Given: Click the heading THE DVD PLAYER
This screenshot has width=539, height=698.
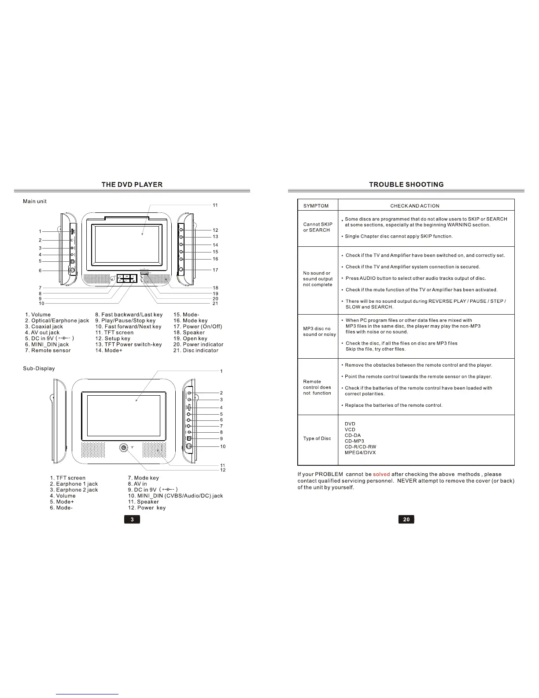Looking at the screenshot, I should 132,185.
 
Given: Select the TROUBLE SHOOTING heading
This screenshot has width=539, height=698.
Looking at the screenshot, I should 406,185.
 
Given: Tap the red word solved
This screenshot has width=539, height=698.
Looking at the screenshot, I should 381,475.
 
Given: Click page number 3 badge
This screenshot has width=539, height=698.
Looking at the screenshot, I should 132,520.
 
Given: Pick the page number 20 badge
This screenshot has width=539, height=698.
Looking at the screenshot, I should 406,520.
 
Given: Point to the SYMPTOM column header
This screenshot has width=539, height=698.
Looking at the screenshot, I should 316,206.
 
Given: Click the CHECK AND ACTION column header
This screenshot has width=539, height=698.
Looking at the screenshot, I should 414,206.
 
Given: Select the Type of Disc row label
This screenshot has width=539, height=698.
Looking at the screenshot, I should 317,438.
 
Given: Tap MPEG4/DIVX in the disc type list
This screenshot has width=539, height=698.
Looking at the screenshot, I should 360,453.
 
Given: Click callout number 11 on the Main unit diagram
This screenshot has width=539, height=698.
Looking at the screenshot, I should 215,205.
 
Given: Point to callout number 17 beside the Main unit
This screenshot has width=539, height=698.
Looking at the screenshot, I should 215,270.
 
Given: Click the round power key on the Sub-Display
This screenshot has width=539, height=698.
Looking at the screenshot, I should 124,448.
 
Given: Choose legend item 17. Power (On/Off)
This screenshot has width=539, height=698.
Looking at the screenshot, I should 198,327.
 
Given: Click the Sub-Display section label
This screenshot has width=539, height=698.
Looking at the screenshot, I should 39,368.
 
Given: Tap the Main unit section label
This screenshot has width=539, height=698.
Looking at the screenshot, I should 35,201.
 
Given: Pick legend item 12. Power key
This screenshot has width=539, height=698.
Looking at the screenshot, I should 147,508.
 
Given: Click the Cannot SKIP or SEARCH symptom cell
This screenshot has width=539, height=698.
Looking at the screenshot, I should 317,227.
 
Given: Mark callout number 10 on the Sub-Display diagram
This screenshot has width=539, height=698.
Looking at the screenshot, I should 223,446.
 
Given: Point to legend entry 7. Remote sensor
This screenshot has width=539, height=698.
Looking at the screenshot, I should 48,350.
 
